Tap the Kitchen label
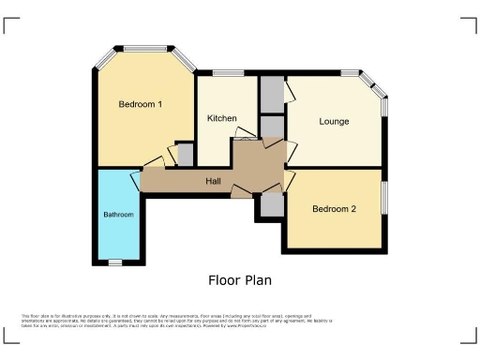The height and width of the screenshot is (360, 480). coord(221,118)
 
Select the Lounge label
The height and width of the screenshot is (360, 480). coord(334,122)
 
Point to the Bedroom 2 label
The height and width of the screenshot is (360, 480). coord(334,208)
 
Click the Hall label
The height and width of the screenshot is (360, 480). coord(213,180)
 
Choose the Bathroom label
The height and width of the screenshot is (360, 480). coord(118,215)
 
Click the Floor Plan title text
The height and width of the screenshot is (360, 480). coord(239,279)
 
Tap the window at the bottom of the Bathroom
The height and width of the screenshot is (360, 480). coord(115,262)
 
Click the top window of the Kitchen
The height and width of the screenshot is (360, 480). coord(228,73)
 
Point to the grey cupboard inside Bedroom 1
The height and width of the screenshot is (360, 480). coord(185,154)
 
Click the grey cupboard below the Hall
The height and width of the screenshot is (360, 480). coord(272,204)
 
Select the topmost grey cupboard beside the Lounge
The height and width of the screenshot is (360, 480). coord(271,94)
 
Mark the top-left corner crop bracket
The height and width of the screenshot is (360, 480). coord(11,22)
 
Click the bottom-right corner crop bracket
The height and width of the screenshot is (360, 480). coord(469,337)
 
